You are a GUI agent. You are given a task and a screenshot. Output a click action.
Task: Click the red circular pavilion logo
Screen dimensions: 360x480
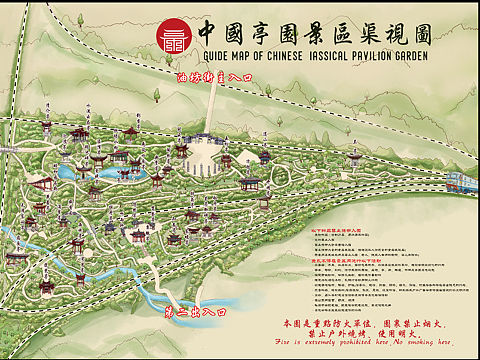[x=173, y=37]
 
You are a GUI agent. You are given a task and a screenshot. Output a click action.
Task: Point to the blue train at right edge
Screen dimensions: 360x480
[x=463, y=181]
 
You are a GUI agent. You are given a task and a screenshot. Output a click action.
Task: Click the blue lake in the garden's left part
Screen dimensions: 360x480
[x=71, y=172]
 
